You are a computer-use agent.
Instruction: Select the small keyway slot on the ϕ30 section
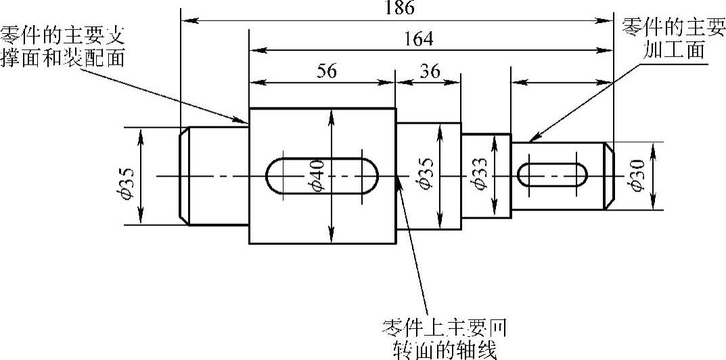[552, 176]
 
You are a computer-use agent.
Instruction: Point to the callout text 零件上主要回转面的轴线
[445, 338]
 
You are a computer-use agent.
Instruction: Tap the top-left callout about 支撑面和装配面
[64, 46]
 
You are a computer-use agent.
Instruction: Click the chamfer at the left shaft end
[183, 175]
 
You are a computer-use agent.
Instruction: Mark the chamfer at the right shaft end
[609, 176]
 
